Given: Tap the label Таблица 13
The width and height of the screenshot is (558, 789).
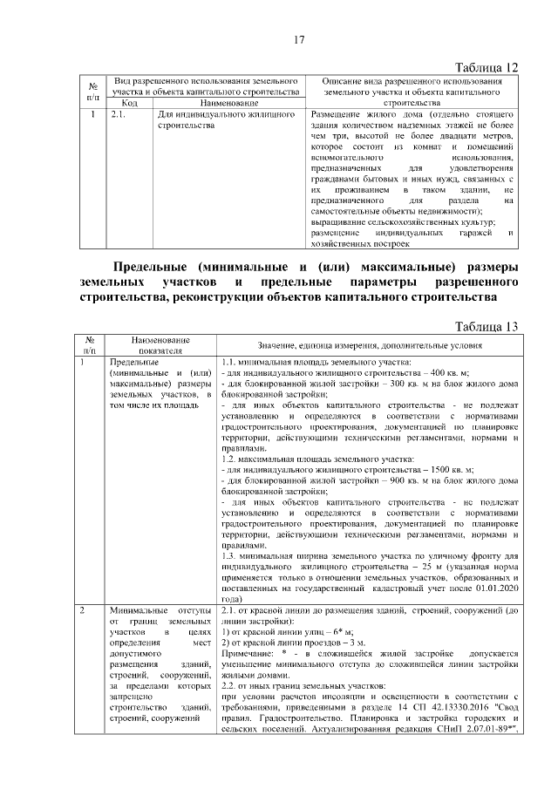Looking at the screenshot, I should click(488, 326).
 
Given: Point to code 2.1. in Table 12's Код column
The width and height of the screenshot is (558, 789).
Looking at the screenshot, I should click(119, 114).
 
